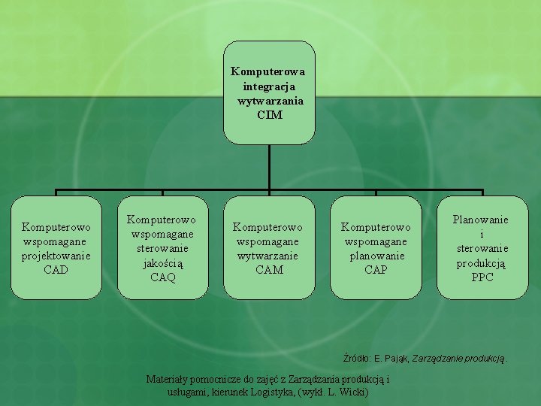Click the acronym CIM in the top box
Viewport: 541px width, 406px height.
tap(269, 115)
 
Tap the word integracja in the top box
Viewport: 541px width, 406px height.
tap(269, 86)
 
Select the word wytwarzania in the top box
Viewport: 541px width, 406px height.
tap(270, 101)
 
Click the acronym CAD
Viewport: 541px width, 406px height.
tap(56, 269)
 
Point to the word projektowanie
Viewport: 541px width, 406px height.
tap(56, 255)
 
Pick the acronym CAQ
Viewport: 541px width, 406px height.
tap(162, 277)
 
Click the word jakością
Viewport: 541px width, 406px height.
tap(162, 263)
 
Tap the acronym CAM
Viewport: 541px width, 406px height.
tap(269, 269)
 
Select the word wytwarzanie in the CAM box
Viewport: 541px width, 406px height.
tap(268, 255)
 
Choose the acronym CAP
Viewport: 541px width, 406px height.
tap(376, 269)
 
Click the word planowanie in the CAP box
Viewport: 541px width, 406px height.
tap(376, 255)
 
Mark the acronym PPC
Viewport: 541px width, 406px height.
tap(482, 277)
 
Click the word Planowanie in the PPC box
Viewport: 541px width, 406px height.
tap(480, 220)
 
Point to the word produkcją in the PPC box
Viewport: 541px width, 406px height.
tap(482, 263)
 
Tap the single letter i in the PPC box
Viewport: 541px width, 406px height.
tap(482, 234)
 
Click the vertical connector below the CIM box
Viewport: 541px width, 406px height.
tap(269, 167)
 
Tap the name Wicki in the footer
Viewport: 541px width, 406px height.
tap(352, 392)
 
